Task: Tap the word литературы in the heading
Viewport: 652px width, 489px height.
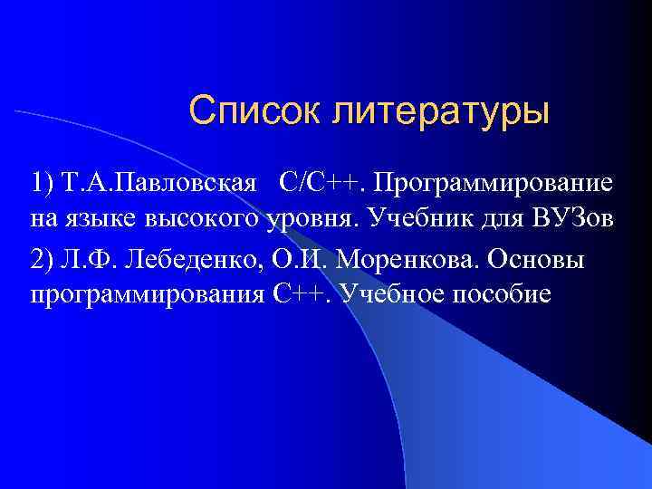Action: (x=441, y=114)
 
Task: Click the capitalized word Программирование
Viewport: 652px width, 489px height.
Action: (x=495, y=185)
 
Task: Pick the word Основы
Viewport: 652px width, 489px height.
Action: (x=536, y=260)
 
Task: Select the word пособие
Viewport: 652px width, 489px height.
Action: (x=505, y=294)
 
